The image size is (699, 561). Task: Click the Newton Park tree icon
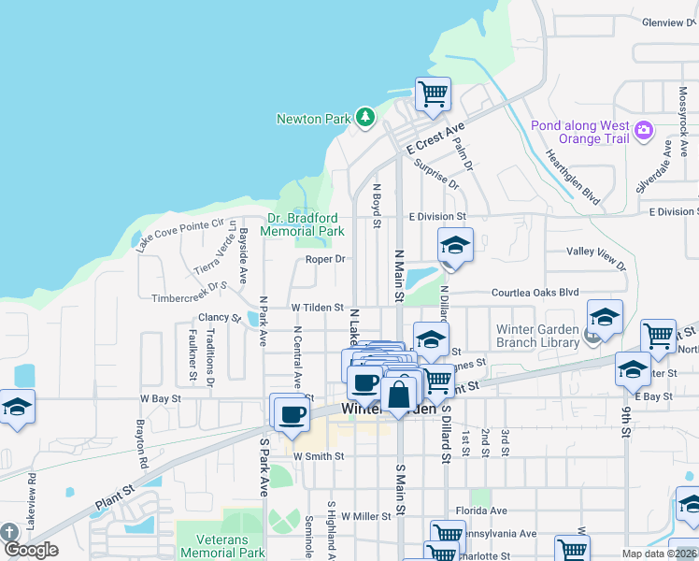(364, 118)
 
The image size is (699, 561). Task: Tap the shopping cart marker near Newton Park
(433, 94)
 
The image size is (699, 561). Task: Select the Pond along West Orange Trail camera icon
(643, 131)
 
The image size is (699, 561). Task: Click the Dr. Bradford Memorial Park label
(302, 224)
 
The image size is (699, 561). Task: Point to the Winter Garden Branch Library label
(537, 336)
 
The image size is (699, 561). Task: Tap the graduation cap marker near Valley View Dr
(455, 246)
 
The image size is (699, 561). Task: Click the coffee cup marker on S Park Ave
(290, 412)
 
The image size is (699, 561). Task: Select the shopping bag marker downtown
(399, 394)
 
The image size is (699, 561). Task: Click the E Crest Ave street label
(435, 140)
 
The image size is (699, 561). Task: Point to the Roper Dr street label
(326, 259)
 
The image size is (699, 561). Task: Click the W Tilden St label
(318, 307)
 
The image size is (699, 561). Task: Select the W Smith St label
(319, 456)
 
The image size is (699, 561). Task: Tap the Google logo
(31, 549)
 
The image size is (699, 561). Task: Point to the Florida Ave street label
(481, 511)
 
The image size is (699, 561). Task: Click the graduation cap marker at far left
(16, 408)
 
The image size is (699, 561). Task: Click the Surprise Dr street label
(441, 178)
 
